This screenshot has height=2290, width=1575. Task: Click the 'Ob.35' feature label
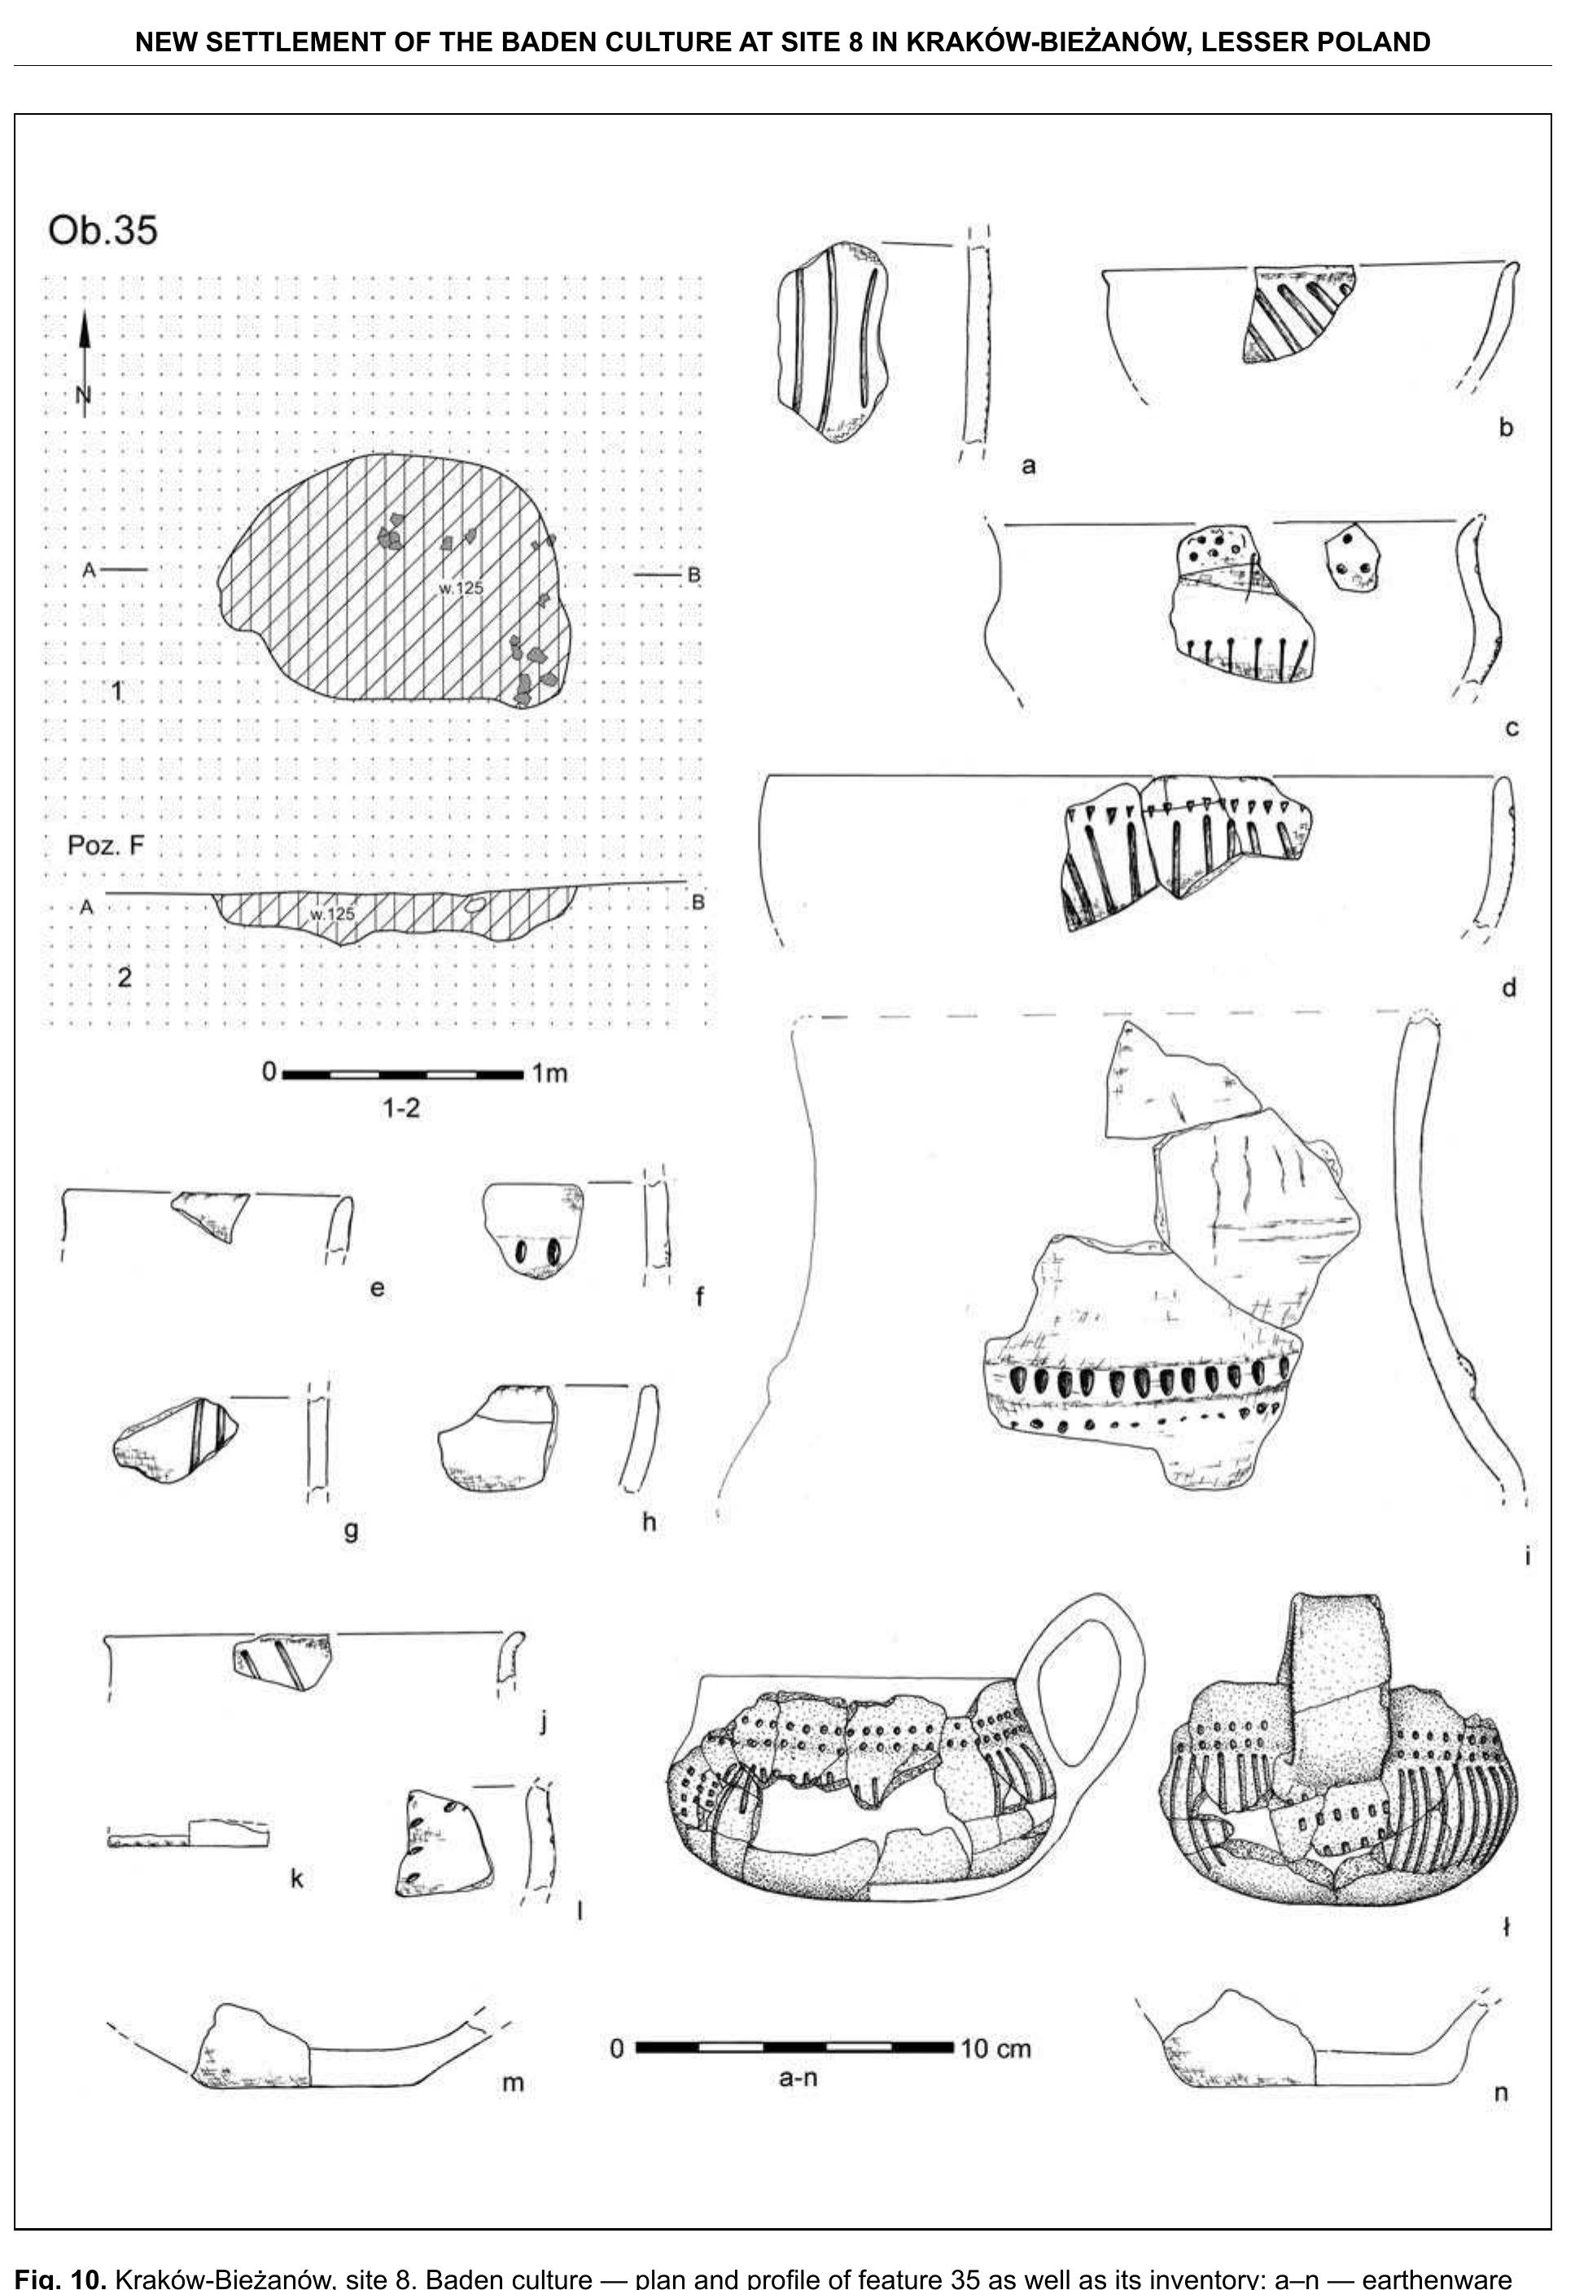point(103,230)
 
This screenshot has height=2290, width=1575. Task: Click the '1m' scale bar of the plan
point(403,1074)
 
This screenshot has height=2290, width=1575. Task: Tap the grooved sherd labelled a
point(832,340)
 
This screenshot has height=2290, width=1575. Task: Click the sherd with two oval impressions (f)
point(532,1230)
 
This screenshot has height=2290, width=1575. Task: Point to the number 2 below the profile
point(125,977)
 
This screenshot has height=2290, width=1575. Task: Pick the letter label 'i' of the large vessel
point(1527,1557)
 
